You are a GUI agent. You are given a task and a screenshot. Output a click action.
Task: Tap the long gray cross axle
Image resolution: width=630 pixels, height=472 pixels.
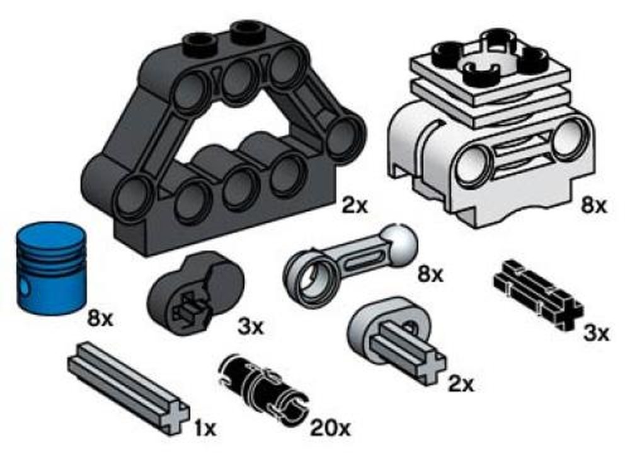pos(129,387)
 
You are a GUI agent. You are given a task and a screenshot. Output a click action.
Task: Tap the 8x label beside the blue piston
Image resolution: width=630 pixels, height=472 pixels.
pos(100,319)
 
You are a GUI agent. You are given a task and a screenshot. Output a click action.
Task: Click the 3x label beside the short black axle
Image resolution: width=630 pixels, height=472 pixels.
pos(596,333)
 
